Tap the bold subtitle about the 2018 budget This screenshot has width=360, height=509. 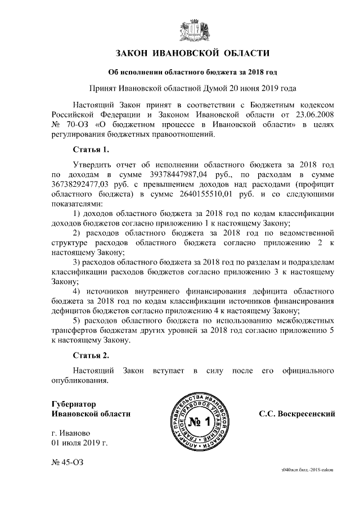(192, 71)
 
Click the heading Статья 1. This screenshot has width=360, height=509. (91, 150)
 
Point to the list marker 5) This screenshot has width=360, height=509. (79, 321)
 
